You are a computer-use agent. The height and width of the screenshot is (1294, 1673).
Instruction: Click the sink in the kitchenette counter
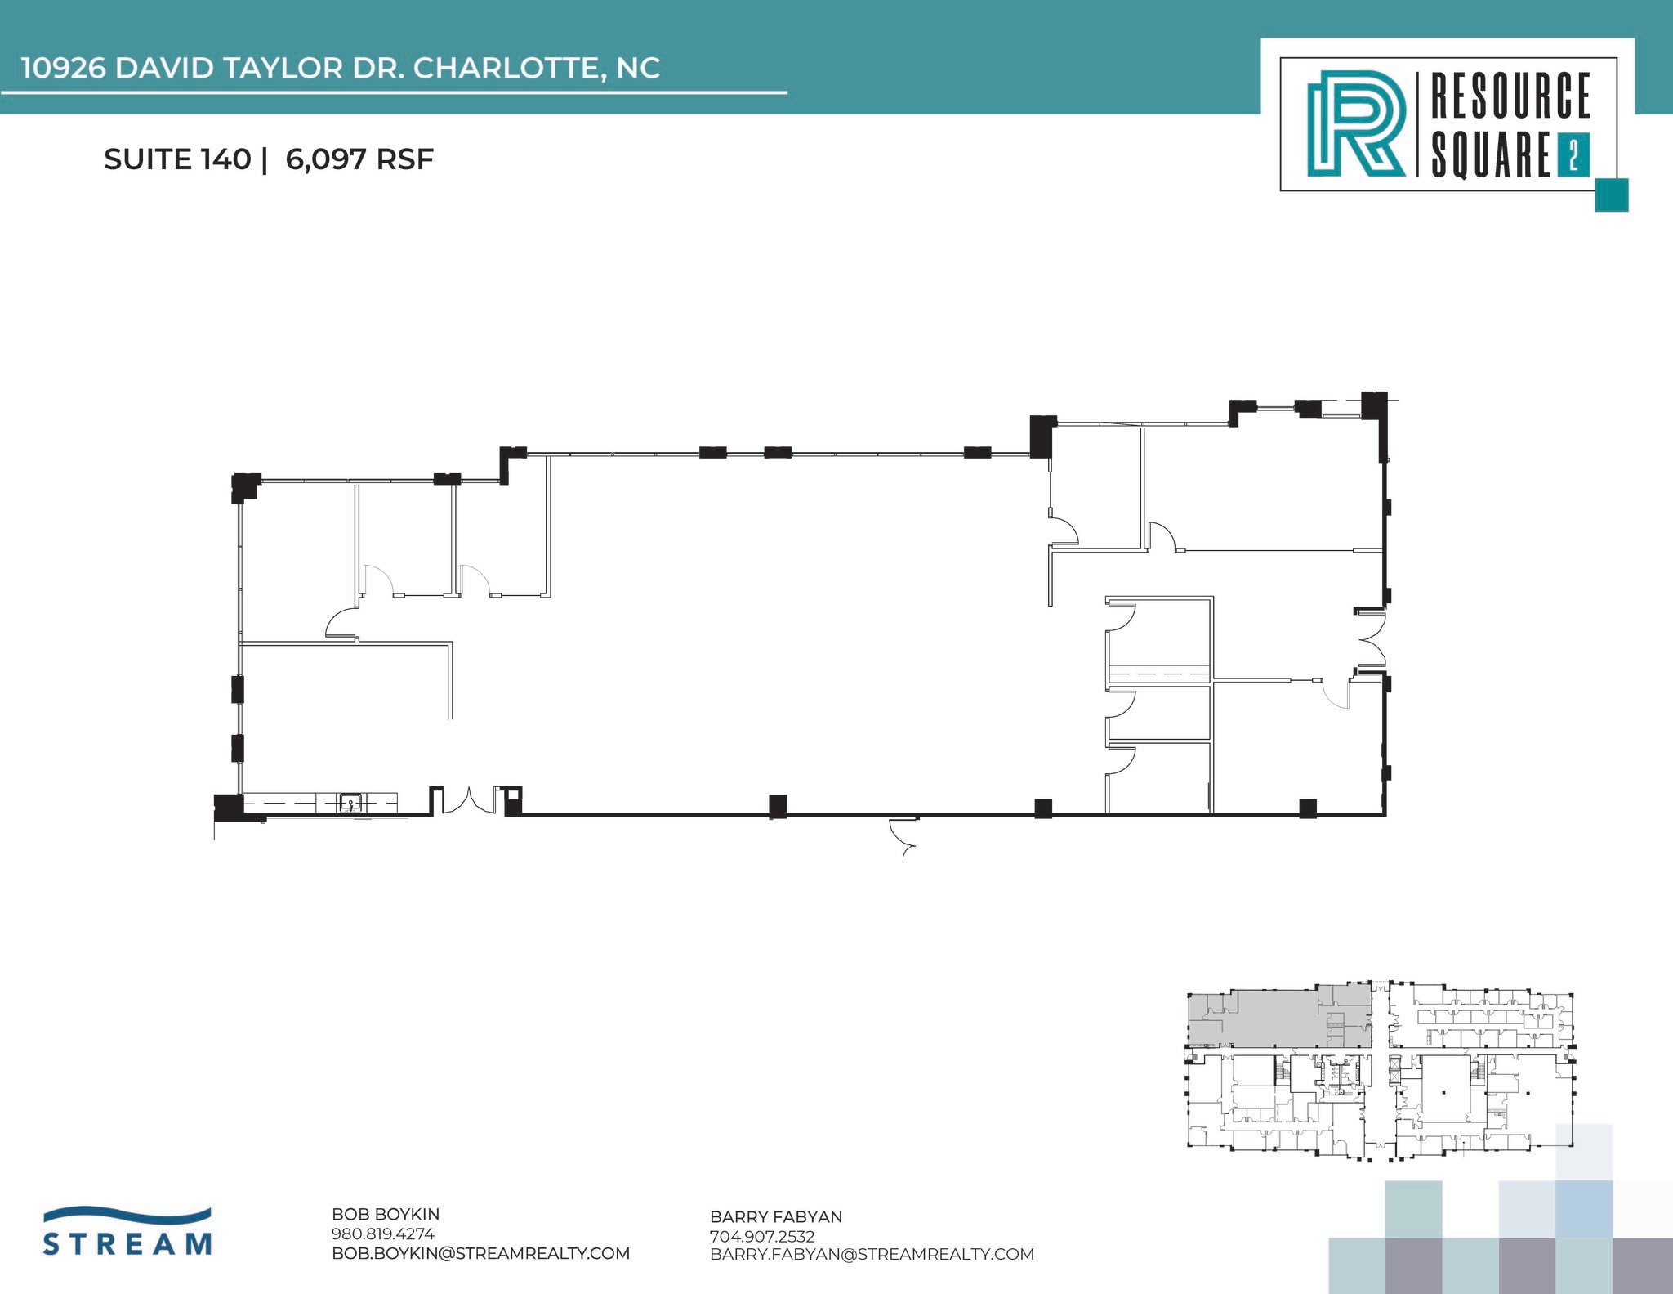[350, 803]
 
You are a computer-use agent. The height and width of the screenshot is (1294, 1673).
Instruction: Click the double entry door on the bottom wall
[469, 801]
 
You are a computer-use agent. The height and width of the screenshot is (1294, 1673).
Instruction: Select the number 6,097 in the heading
[326, 159]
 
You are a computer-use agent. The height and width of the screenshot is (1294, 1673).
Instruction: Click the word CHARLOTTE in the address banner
[508, 69]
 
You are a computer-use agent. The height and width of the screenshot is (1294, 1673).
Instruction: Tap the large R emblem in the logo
[1355, 123]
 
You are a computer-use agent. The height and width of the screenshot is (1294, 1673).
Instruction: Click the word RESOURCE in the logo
[1510, 96]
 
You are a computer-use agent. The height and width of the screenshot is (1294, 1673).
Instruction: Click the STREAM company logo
[127, 1232]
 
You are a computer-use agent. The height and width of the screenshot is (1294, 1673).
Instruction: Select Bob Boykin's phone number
[382, 1234]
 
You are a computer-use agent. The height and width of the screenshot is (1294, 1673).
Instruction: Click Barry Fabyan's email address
[872, 1254]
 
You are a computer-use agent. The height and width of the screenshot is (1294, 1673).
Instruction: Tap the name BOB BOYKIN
[386, 1215]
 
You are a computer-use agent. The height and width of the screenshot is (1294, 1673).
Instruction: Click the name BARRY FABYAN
[776, 1217]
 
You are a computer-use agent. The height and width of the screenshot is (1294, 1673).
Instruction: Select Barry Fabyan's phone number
[762, 1236]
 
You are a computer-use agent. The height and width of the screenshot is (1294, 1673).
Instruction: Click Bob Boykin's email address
[480, 1253]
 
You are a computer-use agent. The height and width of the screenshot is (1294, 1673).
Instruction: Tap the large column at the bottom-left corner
[229, 806]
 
